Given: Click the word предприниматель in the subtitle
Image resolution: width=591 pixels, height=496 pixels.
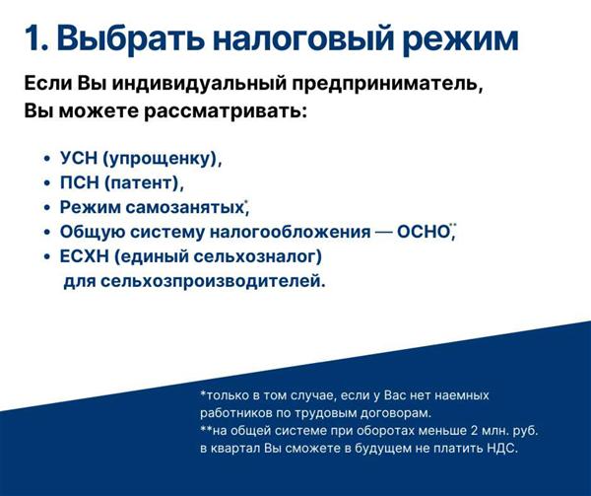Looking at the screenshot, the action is pyautogui.click(x=388, y=84).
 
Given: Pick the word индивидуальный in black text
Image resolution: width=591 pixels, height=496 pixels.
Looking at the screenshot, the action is pyautogui.click(x=198, y=84).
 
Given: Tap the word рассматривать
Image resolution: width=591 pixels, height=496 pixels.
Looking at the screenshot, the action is pyautogui.click(x=226, y=112).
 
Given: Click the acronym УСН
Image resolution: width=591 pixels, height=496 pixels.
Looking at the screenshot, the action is pyautogui.click(x=79, y=158).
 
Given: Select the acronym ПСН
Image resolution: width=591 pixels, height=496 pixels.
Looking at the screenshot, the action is pyautogui.click(x=79, y=182).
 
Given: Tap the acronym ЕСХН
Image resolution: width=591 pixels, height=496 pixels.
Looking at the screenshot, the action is pyautogui.click(x=84, y=256).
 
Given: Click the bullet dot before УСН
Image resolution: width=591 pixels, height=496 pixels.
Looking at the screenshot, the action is pyautogui.click(x=46, y=159).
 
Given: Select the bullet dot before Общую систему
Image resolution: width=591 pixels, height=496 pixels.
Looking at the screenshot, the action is pyautogui.click(x=46, y=233).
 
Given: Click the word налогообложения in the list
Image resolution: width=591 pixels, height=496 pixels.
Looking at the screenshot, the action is pyautogui.click(x=290, y=232).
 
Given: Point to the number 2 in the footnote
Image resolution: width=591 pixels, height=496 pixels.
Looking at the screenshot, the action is pyautogui.click(x=475, y=431).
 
